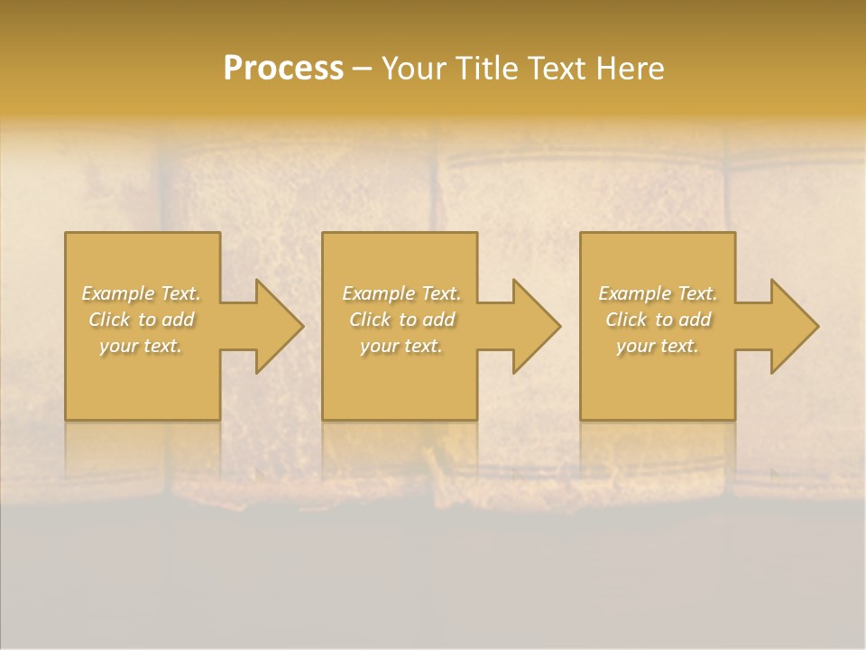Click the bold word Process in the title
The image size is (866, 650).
point(283,69)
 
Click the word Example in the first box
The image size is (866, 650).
point(118,293)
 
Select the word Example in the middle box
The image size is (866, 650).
point(378,293)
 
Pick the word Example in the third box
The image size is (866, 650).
point(634,293)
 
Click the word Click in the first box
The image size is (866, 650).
point(109,320)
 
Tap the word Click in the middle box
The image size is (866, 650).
point(370,320)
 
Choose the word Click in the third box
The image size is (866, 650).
point(626,320)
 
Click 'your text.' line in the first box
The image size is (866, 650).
point(141,346)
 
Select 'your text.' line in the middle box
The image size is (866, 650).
point(401,346)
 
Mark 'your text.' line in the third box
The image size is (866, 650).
point(658,346)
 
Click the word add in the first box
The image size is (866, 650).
point(179,320)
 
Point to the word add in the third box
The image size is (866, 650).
point(696,320)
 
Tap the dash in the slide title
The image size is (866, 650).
point(362,69)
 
